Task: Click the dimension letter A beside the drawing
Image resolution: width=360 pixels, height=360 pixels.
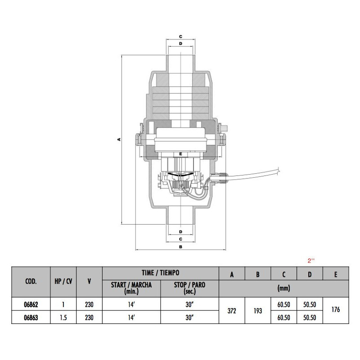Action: point(119,139)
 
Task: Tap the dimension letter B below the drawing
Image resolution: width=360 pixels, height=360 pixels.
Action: point(180,247)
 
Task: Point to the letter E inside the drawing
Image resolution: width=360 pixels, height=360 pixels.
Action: point(180,154)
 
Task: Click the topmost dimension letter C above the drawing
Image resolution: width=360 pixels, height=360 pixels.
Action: point(180,36)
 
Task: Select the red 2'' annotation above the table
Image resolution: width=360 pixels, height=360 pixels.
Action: point(311,261)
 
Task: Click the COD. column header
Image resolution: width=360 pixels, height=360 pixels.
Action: point(31,282)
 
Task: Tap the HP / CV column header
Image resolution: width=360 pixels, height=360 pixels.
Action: point(63,282)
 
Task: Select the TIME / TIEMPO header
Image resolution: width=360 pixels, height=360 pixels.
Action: point(161,273)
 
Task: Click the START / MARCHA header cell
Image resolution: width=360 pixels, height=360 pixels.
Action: point(131,288)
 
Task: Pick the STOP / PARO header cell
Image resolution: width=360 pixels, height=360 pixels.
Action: point(189,288)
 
